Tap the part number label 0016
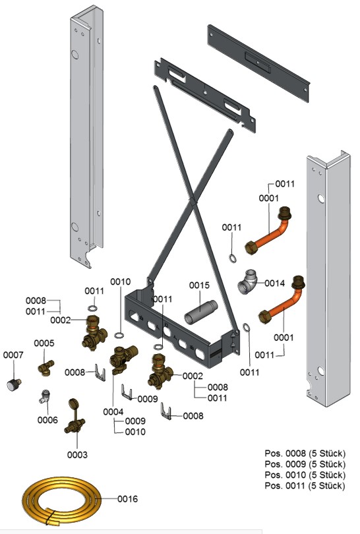(127, 499)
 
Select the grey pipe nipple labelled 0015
(200, 312)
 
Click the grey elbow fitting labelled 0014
(248, 282)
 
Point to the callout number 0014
(274, 283)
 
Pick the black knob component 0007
(14, 384)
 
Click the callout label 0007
(13, 355)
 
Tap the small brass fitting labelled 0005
(46, 367)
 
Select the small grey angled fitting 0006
(44, 396)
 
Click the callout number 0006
(47, 420)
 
